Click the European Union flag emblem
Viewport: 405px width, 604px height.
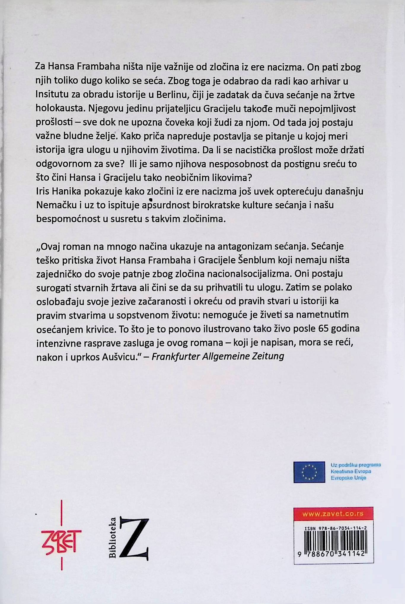[309, 472]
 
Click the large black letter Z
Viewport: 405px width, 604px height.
[134, 539]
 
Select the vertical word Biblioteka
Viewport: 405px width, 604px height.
[113, 538]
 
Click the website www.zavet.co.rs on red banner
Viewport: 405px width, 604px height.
[333, 514]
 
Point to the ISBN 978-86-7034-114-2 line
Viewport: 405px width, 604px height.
[335, 528]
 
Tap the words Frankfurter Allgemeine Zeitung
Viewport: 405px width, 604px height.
[218, 356]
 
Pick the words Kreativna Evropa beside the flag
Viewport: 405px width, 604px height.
[351, 471]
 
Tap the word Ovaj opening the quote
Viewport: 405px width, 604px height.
[50, 246]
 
